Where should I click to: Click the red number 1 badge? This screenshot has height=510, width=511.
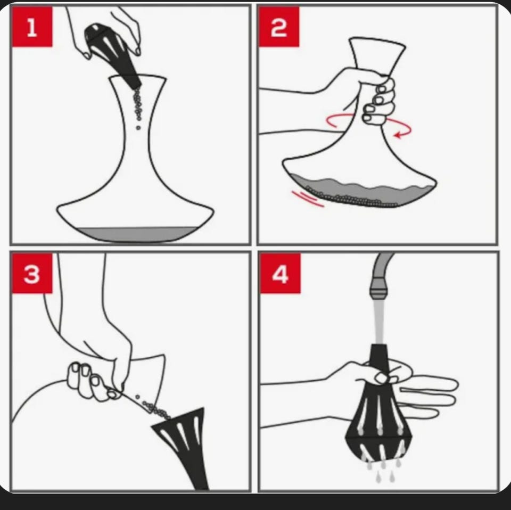tap(32, 27)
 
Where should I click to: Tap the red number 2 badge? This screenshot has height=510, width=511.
tap(278, 27)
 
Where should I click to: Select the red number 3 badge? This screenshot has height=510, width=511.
tap(32, 274)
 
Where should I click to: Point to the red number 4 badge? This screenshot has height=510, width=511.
tap(281, 274)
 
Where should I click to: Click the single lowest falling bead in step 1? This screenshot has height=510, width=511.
tap(138, 128)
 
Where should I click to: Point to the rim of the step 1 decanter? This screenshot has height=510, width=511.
tap(137, 78)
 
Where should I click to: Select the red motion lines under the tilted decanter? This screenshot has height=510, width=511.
tap(308, 199)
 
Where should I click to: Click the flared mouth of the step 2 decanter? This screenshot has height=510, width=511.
tap(377, 41)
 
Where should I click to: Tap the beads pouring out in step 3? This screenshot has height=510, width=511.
tap(155, 408)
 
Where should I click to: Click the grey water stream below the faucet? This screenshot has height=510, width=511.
tap(378, 322)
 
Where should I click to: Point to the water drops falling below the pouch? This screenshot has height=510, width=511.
tap(384, 471)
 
